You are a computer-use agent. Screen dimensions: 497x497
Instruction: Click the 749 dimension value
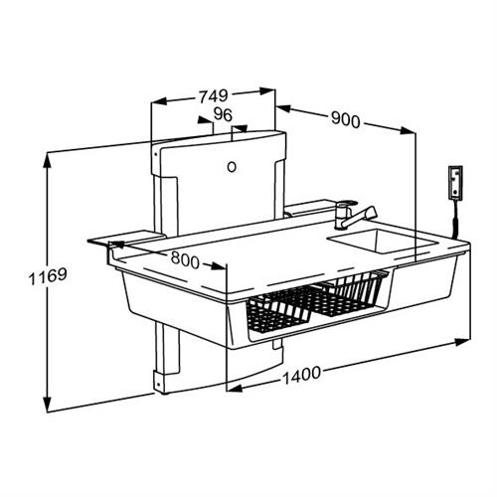click(214, 96)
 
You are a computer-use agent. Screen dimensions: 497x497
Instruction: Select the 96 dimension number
click(223, 114)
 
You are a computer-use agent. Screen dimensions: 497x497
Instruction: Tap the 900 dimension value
click(345, 119)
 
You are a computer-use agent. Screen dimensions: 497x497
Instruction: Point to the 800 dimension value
click(185, 259)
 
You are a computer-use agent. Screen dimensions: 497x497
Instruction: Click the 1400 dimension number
click(301, 375)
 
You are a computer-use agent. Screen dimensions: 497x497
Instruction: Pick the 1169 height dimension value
click(48, 276)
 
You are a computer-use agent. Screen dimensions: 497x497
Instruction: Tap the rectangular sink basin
click(381, 241)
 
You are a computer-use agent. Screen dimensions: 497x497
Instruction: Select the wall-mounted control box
click(455, 183)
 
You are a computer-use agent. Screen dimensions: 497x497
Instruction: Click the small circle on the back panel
click(232, 167)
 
